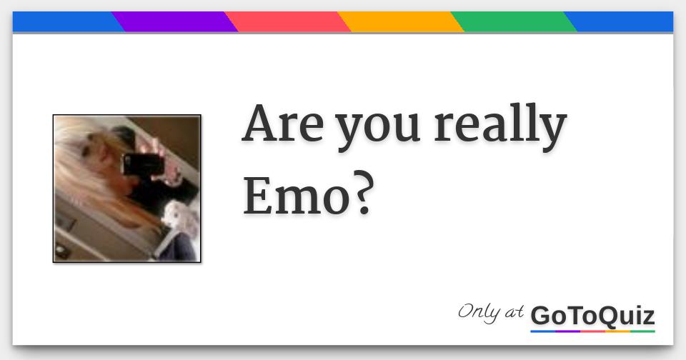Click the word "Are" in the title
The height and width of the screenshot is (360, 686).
pos(284,126)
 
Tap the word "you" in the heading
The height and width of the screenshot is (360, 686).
pos(379,129)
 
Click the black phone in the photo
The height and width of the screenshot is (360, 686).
pos(143,164)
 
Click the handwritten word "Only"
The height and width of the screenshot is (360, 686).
pos(480,311)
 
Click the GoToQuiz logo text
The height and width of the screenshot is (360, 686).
pos(592,315)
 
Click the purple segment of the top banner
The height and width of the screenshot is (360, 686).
pos(174,22)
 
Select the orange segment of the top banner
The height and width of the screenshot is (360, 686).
pos(400,22)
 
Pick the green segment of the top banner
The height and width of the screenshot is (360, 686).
pos(513,22)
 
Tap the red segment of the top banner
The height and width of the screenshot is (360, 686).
pos(287,22)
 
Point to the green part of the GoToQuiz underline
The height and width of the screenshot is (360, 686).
pos(642,331)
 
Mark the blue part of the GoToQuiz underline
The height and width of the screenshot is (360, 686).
pos(543,331)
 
